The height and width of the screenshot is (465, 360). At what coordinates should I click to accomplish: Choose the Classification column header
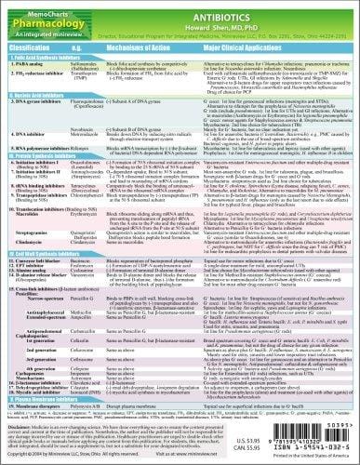33,43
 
